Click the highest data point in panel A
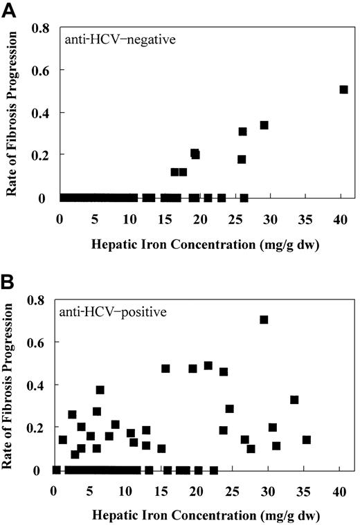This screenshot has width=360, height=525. (343, 89)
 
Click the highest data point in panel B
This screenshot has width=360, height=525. (264, 320)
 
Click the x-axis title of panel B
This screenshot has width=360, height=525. (197, 515)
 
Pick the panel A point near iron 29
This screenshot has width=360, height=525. (264, 125)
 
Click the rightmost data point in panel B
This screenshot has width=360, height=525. (307, 440)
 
